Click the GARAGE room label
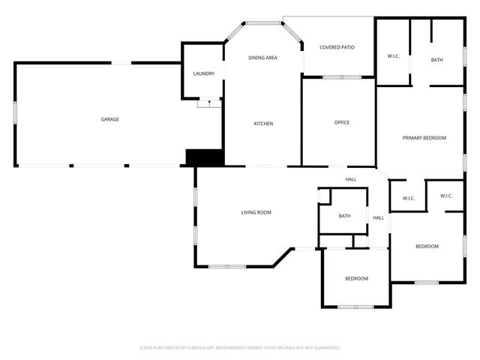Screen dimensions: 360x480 pyautogui.click(x=110, y=119)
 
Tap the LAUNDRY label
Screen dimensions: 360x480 pyautogui.click(x=203, y=73)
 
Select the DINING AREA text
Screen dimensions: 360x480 pyautogui.click(x=262, y=58)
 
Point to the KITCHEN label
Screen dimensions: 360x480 pyautogui.click(x=262, y=123)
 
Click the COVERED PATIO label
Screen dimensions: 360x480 pyautogui.click(x=337, y=47)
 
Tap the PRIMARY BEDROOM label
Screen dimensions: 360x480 pyautogui.click(x=424, y=138)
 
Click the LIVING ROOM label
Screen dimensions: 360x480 pyautogui.click(x=256, y=212)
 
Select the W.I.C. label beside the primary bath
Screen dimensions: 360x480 pyautogui.click(x=393, y=56)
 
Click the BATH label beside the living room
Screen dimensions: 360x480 pyautogui.click(x=344, y=216)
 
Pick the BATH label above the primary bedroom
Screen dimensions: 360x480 pyautogui.click(x=436, y=60)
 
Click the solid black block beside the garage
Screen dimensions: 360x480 pyautogui.click(x=205, y=157)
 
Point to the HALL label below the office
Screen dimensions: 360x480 pyautogui.click(x=350, y=179)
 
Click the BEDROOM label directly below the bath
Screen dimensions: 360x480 pyautogui.click(x=356, y=278)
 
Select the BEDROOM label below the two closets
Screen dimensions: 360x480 pyautogui.click(x=427, y=246)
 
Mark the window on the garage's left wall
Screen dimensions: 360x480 pyautogui.click(x=15, y=112)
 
